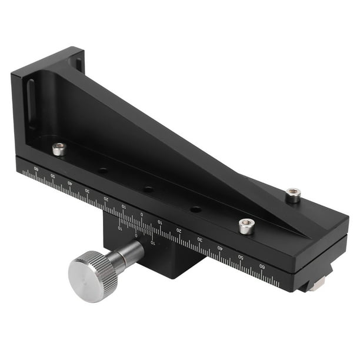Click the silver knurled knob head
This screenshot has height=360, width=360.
[x=92, y=275]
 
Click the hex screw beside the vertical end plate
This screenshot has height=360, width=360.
[x=59, y=149]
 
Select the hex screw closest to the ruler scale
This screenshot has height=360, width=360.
[x=246, y=225]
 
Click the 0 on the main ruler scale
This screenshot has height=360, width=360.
[x=141, y=214]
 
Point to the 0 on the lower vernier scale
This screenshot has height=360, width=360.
[x=136, y=235]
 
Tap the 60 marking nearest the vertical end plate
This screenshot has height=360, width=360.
[x=36, y=169]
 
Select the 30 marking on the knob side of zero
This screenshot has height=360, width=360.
[x=88, y=191]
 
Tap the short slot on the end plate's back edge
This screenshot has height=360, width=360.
[x=78, y=62]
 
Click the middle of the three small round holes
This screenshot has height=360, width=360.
[x=148, y=189]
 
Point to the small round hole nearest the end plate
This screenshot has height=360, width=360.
[x=103, y=171]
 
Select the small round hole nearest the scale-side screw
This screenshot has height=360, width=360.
[x=195, y=209]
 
